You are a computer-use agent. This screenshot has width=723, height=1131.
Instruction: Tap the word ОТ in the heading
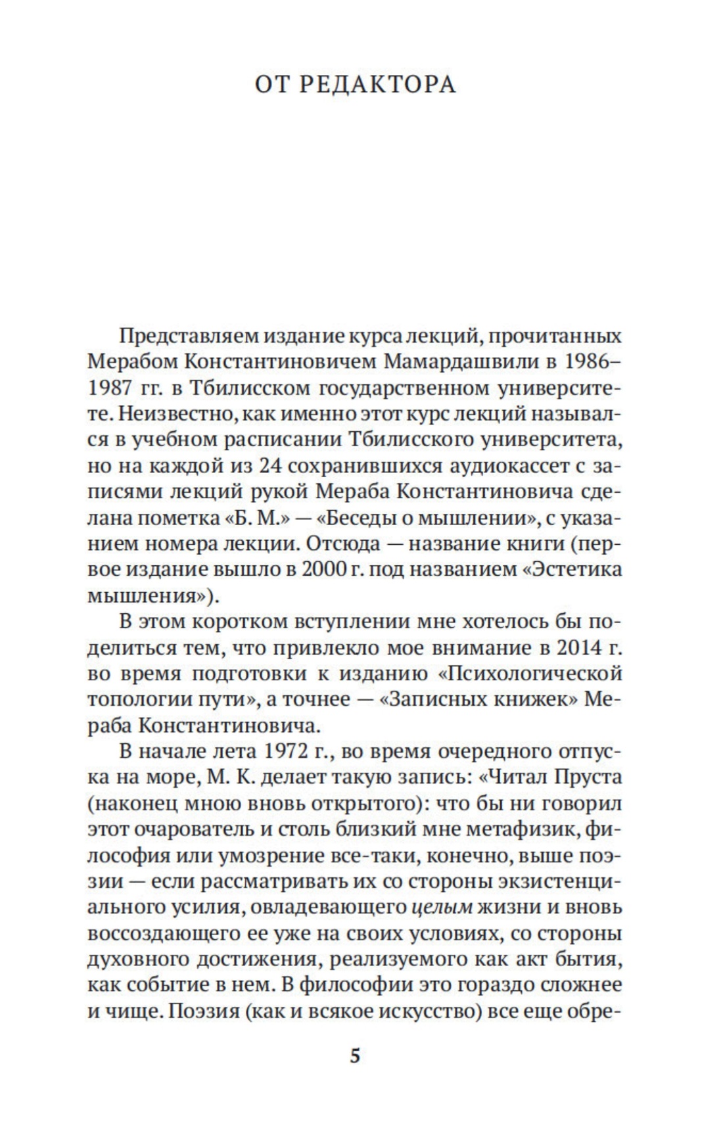coord(271,85)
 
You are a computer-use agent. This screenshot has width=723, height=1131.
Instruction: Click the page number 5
coord(356,1056)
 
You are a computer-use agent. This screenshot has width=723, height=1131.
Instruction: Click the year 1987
coord(110,388)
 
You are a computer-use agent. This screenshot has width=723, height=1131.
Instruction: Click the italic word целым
coord(442,908)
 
